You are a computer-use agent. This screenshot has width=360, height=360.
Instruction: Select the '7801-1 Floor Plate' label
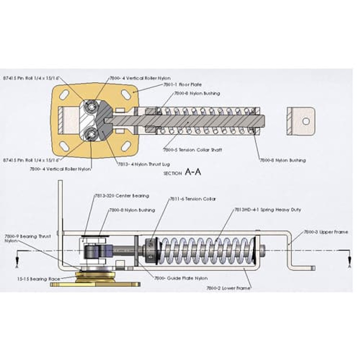tap(177, 85)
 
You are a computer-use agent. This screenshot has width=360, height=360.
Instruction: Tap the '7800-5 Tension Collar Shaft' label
tap(192, 150)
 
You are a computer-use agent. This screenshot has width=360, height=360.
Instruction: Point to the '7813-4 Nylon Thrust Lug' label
tap(144, 164)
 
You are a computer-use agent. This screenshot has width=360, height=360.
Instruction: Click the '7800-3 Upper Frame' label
tap(325, 232)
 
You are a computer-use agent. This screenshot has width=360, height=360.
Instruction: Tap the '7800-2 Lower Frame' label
tap(229, 288)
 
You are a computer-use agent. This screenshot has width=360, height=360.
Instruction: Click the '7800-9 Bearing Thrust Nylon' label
tap(27, 239)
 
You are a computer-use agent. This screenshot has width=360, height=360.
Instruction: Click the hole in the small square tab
tap(306, 121)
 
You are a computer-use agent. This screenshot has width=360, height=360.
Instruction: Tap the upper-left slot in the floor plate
tap(65, 94)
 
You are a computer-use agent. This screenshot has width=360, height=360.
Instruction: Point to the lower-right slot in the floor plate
tap(126, 146)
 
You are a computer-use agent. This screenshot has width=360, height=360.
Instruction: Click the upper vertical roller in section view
tap(91, 107)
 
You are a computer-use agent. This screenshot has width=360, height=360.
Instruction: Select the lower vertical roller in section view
tap(91, 133)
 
